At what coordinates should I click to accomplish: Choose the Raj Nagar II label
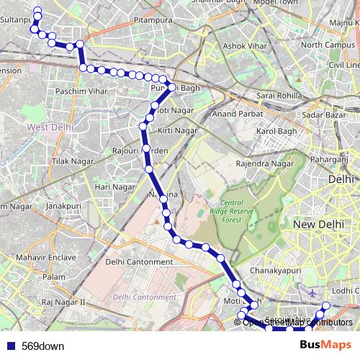click(x=63, y=302)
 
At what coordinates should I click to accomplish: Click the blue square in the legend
click(x=11, y=346)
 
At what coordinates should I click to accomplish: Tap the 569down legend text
click(x=42, y=346)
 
